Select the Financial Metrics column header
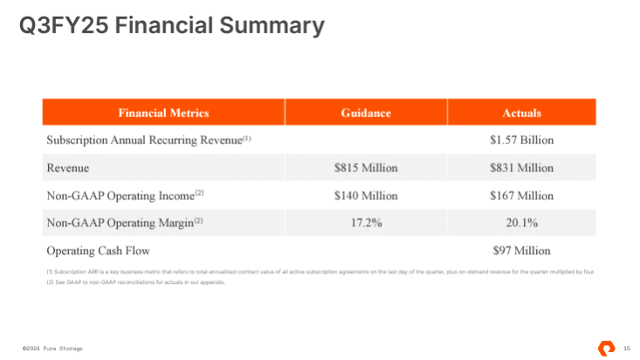pos(163,113)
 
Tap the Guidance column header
pos(366,113)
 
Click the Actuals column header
pos(521,113)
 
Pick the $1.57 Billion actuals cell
pos(521,140)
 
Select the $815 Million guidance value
pos(366,168)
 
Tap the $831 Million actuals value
pos(521,168)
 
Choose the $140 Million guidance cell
pos(366,195)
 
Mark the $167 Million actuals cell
pos(521,195)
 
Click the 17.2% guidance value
pos(366,223)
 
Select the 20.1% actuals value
pos(521,223)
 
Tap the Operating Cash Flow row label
pos(94,251)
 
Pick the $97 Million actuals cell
pos(521,251)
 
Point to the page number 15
pos(626,349)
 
